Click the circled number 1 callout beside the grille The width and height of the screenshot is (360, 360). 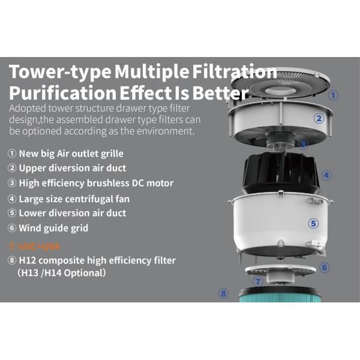pyautogui.click(x=334, y=95)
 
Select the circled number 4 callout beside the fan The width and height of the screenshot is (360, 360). pyautogui.click(x=326, y=176)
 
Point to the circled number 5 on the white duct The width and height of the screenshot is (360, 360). pyautogui.click(x=313, y=223)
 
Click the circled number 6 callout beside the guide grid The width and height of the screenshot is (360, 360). pyautogui.click(x=325, y=268)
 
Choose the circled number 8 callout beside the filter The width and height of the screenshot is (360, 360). pyautogui.click(x=224, y=293)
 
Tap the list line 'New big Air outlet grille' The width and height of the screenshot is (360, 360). pyautogui.click(x=73, y=153)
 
